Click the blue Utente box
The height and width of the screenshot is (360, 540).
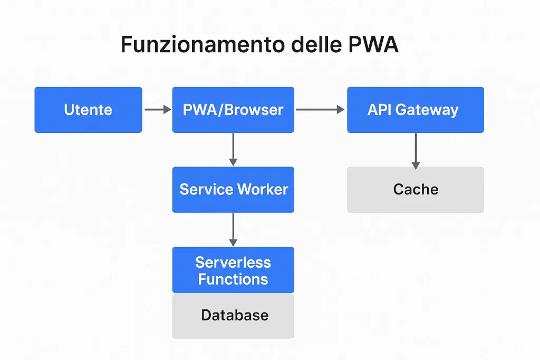(88, 110)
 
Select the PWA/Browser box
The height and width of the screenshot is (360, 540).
(233, 110)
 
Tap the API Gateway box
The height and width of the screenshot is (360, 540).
(415, 110)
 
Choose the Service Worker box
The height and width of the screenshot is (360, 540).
(233, 190)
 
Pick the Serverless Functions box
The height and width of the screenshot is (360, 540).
(233, 270)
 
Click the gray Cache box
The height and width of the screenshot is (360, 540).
(415, 190)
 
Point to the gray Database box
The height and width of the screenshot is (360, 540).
(233, 316)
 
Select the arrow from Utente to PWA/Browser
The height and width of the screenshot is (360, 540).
(157, 110)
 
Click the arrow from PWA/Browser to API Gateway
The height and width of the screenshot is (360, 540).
(320, 110)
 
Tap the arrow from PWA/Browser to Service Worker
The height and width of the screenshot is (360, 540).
(233, 149)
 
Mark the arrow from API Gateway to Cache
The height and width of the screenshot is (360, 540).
(416, 150)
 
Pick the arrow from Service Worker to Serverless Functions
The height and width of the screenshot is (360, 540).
(233, 229)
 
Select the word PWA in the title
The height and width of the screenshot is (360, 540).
(373, 45)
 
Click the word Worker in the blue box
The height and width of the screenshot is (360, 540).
(263, 190)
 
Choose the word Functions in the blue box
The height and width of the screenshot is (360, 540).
(233, 279)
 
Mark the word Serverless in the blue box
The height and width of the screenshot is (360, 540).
(233, 262)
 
